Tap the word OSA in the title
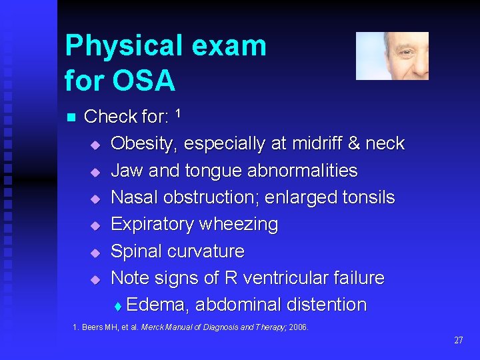143,81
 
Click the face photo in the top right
392,56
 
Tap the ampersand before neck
355,144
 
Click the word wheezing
237,225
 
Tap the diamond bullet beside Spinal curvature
95,253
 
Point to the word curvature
207,251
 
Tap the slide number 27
458,340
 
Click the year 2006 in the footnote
299,327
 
